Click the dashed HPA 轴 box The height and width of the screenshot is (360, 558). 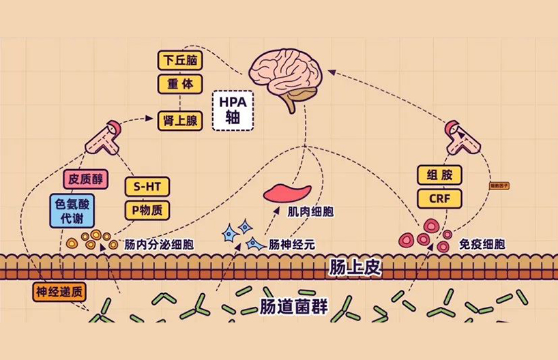[232, 109]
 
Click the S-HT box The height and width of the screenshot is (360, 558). [146, 187]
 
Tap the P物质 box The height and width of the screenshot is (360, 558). [146, 209]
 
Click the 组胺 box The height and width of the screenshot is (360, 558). [439, 175]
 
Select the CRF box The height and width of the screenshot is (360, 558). [439, 198]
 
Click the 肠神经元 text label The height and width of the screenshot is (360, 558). [291, 243]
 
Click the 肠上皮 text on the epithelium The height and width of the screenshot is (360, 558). [355, 267]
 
